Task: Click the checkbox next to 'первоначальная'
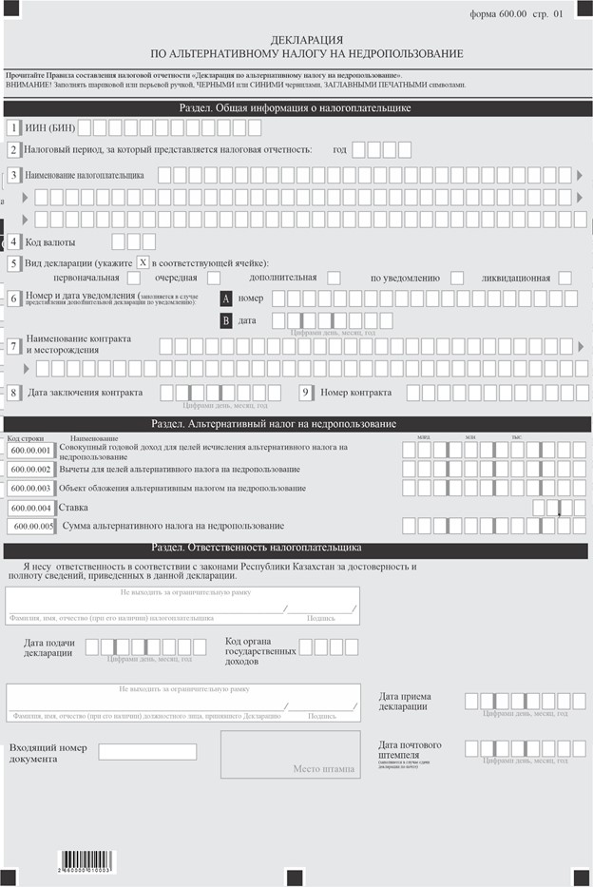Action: pos(133,278)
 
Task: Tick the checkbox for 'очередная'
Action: pos(214,278)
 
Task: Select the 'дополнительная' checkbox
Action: pos(334,278)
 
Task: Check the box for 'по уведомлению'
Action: pos(457,278)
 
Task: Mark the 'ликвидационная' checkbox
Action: pos(564,278)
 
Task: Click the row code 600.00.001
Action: pos(31,450)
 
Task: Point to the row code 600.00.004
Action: pos(31,508)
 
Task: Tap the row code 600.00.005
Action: pos(31,526)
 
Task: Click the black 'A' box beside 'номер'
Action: pos(226,299)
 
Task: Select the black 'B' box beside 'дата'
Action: pos(226,320)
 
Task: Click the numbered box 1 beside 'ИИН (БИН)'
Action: pos(13,127)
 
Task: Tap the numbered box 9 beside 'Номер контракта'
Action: pos(306,392)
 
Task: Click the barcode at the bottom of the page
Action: pos(86,862)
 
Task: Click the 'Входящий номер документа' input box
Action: pos(147,752)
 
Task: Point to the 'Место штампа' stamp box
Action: pos(291,755)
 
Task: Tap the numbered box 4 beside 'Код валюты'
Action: pos(13,241)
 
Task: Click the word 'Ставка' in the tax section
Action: pos(73,508)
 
